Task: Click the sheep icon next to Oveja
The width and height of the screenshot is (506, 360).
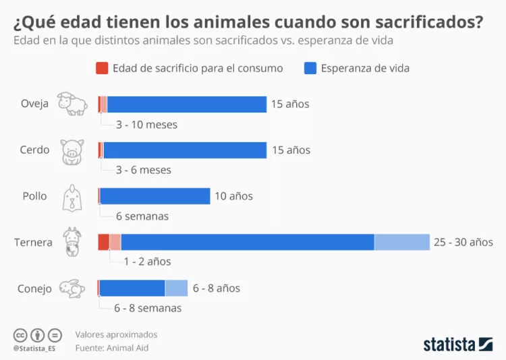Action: pos(72,104)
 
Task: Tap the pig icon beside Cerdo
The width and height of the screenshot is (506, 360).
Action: pos(72,151)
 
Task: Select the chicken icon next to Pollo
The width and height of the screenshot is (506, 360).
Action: pos(72,197)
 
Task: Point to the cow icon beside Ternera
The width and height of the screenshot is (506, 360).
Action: pos(72,242)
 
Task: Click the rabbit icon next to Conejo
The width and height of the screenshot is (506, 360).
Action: pos(72,289)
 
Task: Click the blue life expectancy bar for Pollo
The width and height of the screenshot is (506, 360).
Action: pos(155,196)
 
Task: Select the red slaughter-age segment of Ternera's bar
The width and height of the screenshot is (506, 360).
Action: pos(103,242)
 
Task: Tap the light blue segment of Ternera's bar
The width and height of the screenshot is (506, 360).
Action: pos(402,242)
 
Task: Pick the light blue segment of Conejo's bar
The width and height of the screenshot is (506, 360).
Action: pos(176,288)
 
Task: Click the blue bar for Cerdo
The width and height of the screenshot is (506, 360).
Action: pos(185,150)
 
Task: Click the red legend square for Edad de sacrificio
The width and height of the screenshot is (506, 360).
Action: pos(102,68)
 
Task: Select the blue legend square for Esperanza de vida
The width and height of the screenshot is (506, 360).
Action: pos(310,68)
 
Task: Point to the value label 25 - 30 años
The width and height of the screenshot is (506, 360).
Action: pos(463,242)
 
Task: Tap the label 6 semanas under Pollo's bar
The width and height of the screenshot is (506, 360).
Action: pos(142,216)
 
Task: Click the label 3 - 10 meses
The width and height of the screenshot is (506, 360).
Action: pos(146,125)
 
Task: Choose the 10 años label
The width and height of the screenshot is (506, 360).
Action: pos(233,196)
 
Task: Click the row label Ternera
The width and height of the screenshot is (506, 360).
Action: pos(33,242)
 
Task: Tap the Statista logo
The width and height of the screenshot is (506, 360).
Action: pos(457,344)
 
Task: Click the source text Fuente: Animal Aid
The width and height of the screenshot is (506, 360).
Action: pos(111,348)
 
